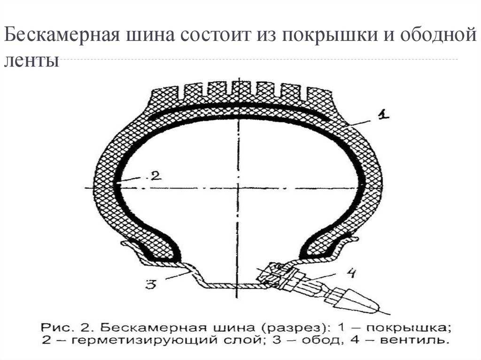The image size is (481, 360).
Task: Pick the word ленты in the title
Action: (x=31, y=61)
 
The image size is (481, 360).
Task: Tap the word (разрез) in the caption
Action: (x=294, y=327)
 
